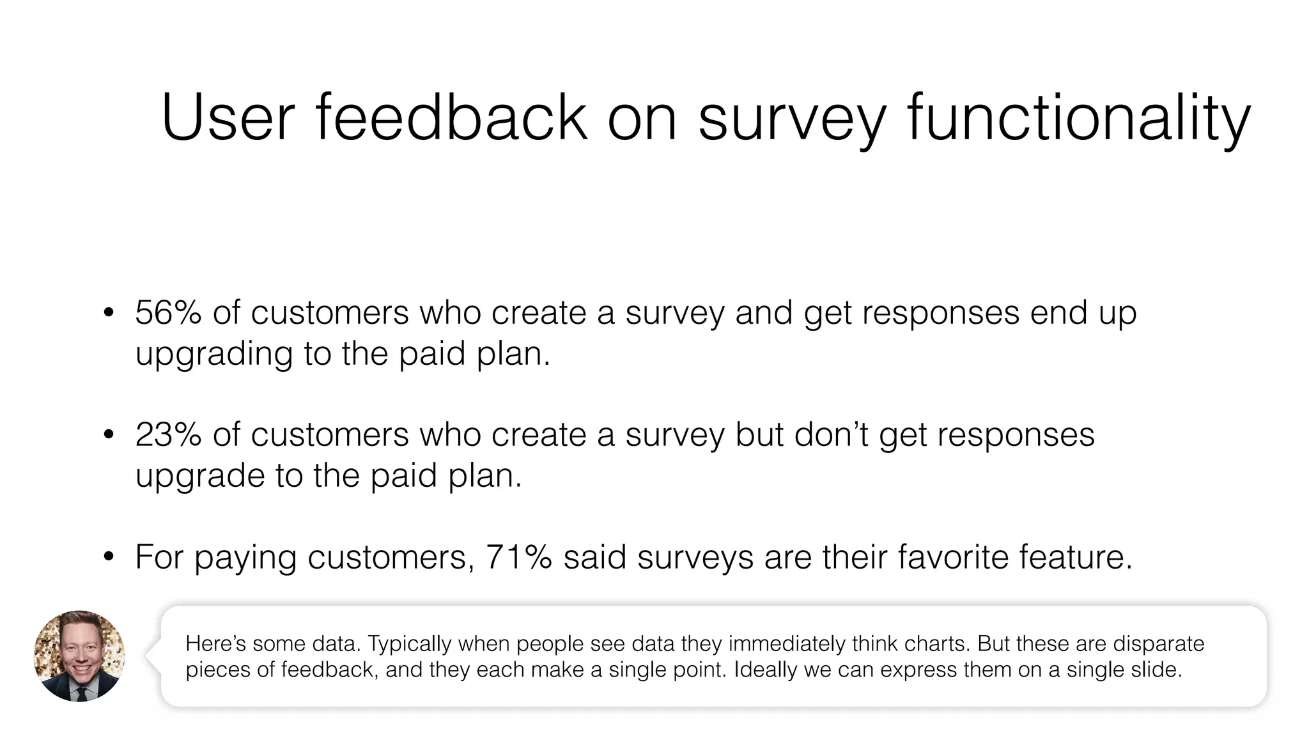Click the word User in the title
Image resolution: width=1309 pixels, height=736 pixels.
228,118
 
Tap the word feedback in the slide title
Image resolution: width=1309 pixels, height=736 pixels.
451,118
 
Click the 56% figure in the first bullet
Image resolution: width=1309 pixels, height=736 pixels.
168,313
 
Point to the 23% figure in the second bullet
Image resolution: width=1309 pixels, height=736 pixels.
168,435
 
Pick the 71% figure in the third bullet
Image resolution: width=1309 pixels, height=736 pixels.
518,557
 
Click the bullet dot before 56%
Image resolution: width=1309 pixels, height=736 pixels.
109,313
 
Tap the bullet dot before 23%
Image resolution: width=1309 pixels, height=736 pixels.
109,435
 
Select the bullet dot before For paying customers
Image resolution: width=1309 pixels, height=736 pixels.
109,557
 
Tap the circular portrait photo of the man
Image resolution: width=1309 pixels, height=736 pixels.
79,655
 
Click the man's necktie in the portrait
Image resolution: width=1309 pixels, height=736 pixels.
81,693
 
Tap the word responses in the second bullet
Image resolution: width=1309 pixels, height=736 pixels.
1016,435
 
